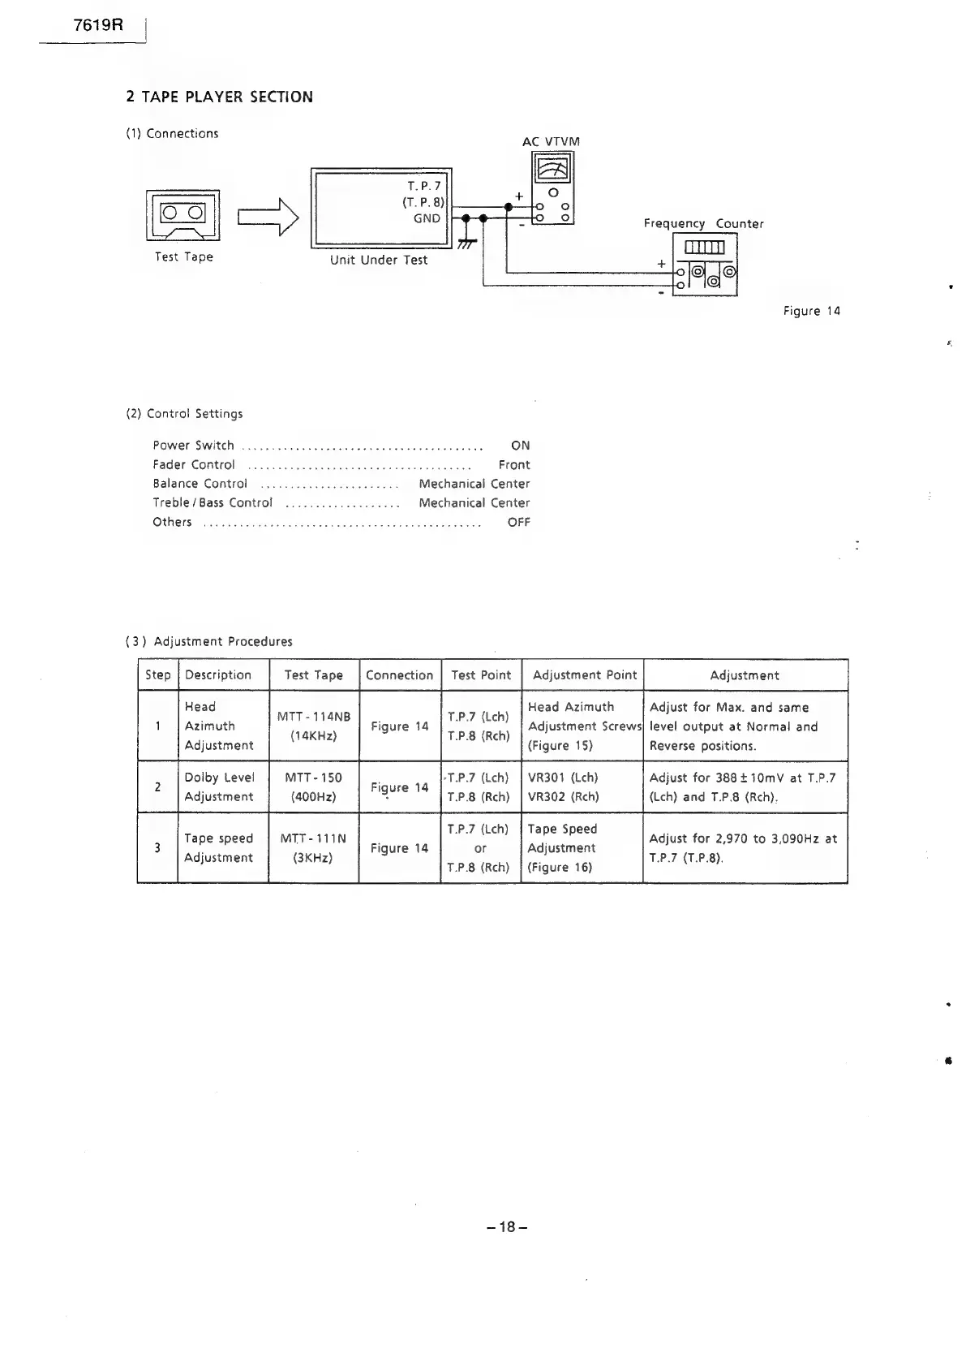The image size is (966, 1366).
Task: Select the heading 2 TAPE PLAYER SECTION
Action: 219,97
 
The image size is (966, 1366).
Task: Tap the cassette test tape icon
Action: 182,214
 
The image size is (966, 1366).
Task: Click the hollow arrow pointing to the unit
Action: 268,217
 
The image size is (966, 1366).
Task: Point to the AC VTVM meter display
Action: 552,170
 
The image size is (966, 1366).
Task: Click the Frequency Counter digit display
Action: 710,247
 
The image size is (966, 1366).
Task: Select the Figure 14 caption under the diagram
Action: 811,311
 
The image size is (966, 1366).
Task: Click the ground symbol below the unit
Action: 466,243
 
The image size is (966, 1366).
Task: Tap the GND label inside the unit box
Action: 427,218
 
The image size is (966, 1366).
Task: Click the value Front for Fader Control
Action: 513,465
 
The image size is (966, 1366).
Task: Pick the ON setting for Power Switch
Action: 520,446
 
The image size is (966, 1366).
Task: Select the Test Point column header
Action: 481,675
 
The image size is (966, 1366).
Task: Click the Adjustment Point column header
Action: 585,675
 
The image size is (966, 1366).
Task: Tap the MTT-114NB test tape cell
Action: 314,726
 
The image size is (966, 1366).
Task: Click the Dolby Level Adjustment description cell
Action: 219,787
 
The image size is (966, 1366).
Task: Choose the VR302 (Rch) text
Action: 564,797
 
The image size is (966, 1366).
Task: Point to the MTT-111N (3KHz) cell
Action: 313,848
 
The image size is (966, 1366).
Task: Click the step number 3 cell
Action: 157,848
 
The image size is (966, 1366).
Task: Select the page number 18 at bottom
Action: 507,1227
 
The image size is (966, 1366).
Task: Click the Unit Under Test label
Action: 379,261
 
